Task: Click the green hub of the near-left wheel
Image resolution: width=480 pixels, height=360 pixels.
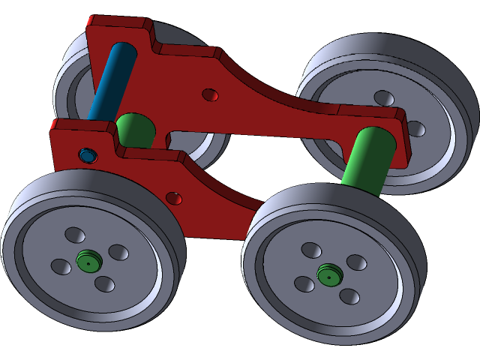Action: click(x=89, y=262)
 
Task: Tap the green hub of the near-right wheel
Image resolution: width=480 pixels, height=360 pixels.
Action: click(x=328, y=274)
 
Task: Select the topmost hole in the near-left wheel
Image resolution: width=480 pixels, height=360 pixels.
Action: click(x=75, y=235)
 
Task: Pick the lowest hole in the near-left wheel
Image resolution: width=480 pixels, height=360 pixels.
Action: click(x=105, y=284)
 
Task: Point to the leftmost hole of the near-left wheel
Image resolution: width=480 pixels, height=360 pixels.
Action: click(x=61, y=266)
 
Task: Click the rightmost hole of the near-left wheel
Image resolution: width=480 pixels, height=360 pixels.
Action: click(x=118, y=252)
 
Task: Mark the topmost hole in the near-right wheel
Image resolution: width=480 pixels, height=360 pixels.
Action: click(x=311, y=249)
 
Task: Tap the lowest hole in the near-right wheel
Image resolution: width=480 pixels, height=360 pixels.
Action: click(x=349, y=296)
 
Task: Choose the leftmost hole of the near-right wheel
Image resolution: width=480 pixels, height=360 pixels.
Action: click(x=304, y=283)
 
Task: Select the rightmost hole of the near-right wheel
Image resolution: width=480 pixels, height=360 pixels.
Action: click(x=356, y=262)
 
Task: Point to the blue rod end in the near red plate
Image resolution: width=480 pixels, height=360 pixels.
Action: click(x=88, y=155)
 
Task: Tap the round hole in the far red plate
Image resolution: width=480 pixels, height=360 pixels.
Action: click(x=211, y=94)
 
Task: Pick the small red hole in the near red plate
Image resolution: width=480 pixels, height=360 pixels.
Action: click(x=173, y=199)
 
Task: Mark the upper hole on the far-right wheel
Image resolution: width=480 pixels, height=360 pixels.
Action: click(x=384, y=98)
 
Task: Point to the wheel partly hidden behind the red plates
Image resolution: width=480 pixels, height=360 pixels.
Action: click(x=71, y=82)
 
